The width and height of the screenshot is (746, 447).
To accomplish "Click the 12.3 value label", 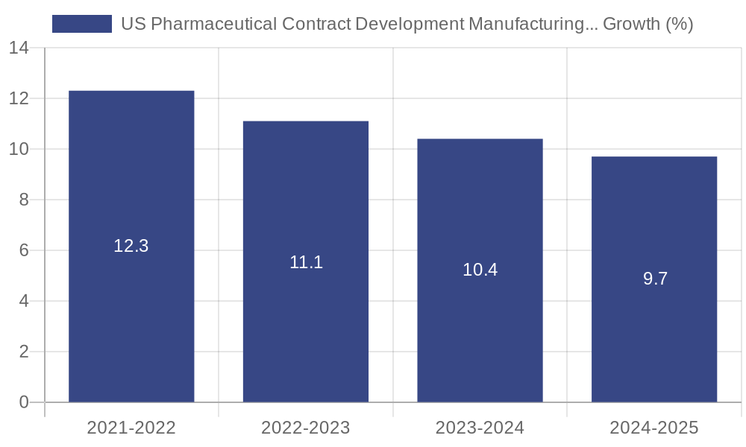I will pyautogui.click(x=131, y=246).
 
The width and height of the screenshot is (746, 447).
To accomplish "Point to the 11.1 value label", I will pyautogui.click(x=306, y=262).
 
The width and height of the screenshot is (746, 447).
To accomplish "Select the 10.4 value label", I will pyautogui.click(x=480, y=270).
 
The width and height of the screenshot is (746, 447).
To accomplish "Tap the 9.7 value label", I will pyautogui.click(x=655, y=279).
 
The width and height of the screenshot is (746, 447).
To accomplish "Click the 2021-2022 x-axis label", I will pyautogui.click(x=131, y=428).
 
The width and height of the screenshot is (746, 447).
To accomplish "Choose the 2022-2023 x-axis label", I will pyautogui.click(x=306, y=428).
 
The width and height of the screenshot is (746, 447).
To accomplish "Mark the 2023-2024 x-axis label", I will pyautogui.click(x=480, y=428).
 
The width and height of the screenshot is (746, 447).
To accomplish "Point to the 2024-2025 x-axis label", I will pyautogui.click(x=654, y=428).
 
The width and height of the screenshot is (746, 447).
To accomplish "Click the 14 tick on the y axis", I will pyautogui.click(x=19, y=48).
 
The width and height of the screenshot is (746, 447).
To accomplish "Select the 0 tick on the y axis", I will pyautogui.click(x=24, y=402).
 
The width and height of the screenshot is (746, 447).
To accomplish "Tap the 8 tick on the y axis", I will pyautogui.click(x=24, y=200).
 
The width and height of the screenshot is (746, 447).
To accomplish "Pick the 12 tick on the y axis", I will pyautogui.click(x=19, y=98).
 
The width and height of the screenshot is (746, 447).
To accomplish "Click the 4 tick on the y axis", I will pyautogui.click(x=24, y=301).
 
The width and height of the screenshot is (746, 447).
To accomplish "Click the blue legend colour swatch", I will pyautogui.click(x=82, y=24).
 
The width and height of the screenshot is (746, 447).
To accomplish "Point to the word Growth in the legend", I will pyautogui.click(x=630, y=24).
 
